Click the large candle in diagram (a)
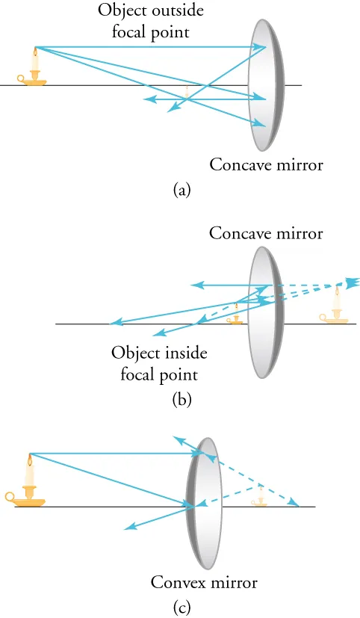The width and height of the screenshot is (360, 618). coord(34,69)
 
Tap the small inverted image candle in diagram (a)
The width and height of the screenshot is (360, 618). coord(186,92)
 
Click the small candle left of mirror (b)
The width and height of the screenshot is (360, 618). coord(237,314)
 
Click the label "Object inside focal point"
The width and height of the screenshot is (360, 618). coord(159,362)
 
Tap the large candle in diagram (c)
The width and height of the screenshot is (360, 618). coord(29,486)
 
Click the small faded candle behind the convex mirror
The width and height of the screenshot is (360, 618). coord(259,497)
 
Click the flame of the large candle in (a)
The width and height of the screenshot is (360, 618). coord(34,52)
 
